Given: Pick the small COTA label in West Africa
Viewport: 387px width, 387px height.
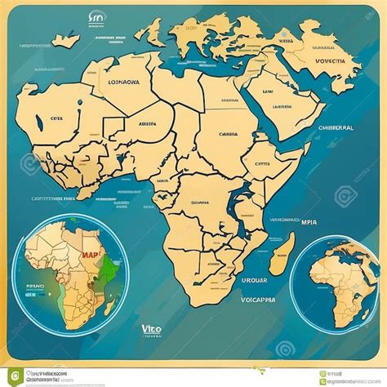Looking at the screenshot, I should tap(56, 118).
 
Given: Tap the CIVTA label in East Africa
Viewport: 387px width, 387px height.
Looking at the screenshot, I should tap(261, 163).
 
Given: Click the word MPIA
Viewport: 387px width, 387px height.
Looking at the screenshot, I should tap(310, 221).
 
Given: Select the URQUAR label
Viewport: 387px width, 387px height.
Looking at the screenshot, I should tap(254, 279).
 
